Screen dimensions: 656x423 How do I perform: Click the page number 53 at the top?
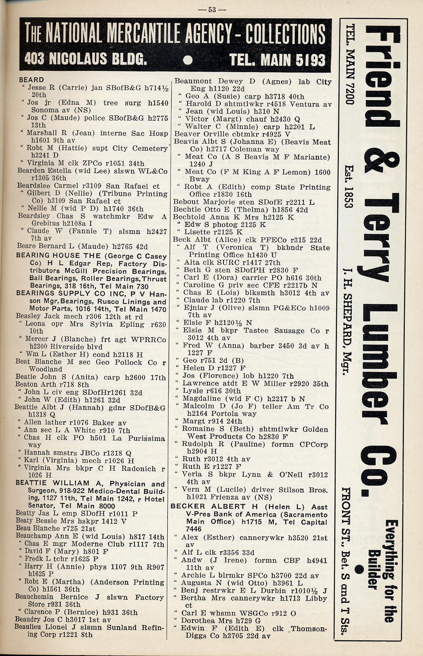pyautogui.click(x=212, y=9)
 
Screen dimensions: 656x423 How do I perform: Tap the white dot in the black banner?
pyautogui.click(x=188, y=60)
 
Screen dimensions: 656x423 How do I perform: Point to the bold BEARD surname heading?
pyautogui.click(x=31, y=80)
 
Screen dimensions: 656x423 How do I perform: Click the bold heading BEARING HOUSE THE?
pyautogui.click(x=58, y=256)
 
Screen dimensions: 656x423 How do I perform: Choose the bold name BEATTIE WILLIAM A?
pyautogui.click(x=52, y=483)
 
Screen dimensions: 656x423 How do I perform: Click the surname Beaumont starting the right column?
pyautogui.click(x=193, y=81)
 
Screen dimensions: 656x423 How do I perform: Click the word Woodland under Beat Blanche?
pyautogui.click(x=46, y=369)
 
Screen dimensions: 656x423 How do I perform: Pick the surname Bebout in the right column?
pyautogui.click(x=186, y=202)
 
